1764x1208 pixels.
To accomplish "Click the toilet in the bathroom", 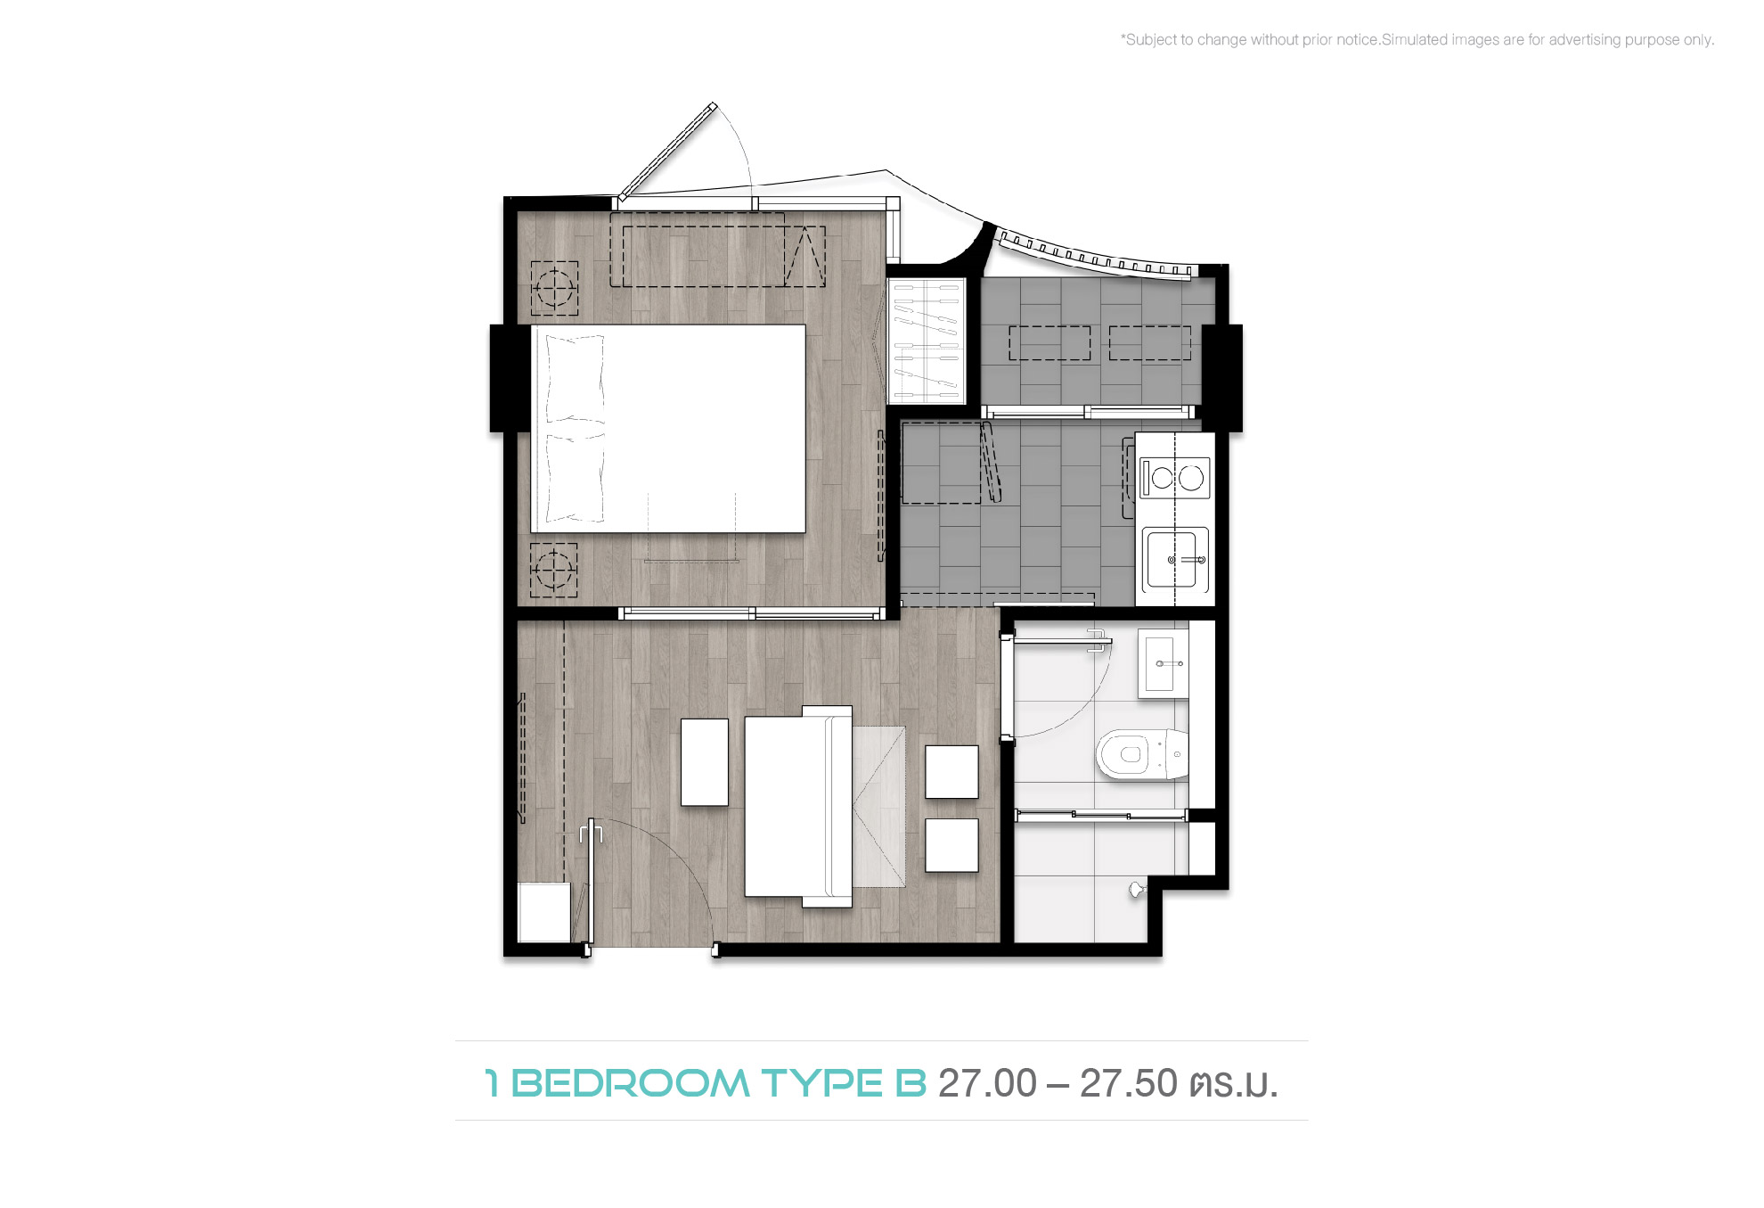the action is (1142, 754).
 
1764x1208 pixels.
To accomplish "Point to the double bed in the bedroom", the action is (668, 429).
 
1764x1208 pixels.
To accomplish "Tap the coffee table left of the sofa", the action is (705, 762).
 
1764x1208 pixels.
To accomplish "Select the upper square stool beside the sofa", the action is (951, 772).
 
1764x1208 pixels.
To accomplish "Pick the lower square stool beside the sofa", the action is (951, 845).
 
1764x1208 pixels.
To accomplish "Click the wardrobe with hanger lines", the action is (927, 341).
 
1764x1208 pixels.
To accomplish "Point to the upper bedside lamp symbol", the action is (554, 288).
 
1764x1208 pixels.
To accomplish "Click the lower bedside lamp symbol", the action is (554, 570).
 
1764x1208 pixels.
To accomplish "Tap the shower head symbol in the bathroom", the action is (1136, 889).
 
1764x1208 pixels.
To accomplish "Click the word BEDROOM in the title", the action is (631, 1083).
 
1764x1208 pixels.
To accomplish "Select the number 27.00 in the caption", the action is (987, 1083).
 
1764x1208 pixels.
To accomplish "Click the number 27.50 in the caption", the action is (1129, 1083).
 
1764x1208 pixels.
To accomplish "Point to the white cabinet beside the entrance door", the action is (544, 912).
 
